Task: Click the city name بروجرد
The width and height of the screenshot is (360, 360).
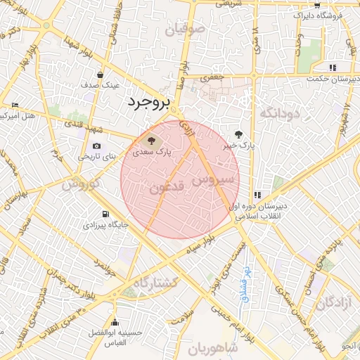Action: [x=148, y=103]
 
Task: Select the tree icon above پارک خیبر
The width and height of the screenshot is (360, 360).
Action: [x=239, y=134]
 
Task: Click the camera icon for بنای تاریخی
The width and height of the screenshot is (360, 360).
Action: [x=96, y=146]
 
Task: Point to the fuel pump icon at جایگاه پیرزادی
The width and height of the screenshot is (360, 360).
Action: [x=105, y=214]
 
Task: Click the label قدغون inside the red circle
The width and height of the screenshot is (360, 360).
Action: [x=167, y=188]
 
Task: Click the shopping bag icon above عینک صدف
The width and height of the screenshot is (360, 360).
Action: [x=101, y=74]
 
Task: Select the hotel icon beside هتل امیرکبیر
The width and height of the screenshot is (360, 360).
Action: [x=15, y=105]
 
